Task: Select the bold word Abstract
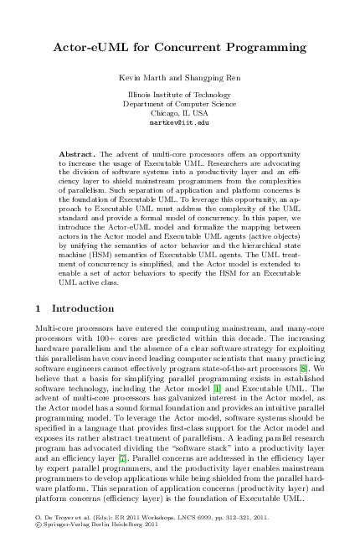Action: tap(80, 155)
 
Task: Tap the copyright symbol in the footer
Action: tap(38, 530)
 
